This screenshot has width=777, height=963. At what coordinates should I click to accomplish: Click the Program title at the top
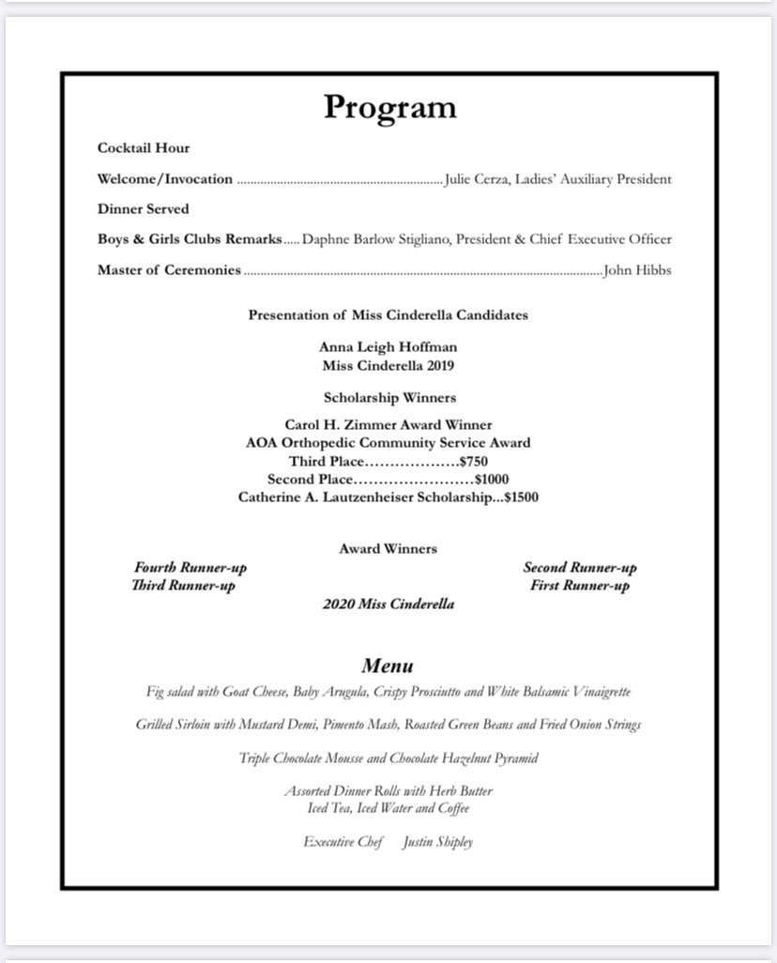click(389, 107)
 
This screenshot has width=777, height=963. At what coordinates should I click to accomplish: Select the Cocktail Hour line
click(144, 148)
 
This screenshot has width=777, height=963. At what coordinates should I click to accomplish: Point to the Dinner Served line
click(144, 209)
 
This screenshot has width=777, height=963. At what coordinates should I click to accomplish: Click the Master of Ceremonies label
click(169, 271)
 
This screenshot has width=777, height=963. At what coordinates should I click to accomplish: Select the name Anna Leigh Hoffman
click(388, 347)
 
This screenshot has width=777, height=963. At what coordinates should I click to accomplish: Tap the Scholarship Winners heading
click(389, 398)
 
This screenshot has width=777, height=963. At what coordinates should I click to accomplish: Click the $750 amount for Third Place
click(473, 462)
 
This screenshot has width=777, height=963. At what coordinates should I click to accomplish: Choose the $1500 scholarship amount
click(521, 497)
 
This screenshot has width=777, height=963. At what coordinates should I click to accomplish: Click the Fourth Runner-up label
click(190, 568)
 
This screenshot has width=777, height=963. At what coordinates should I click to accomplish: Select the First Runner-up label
click(580, 586)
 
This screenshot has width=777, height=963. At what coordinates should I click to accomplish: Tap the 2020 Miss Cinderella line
click(388, 604)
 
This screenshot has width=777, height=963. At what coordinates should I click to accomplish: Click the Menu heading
click(388, 666)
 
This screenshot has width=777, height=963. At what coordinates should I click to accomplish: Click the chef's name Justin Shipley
click(437, 842)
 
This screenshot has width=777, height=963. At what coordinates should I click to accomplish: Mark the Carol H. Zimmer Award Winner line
click(388, 425)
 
